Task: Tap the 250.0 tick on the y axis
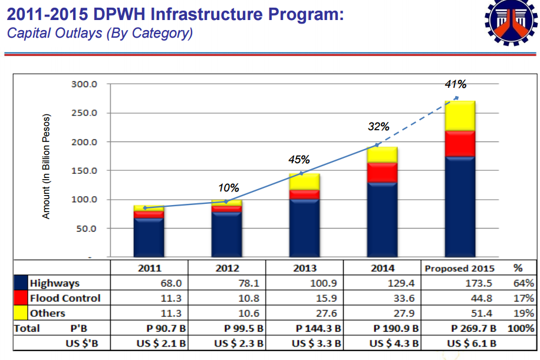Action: click(84, 113)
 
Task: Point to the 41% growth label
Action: click(455, 84)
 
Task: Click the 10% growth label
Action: click(228, 188)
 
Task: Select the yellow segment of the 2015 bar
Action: click(460, 116)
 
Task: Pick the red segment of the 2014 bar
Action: click(382, 173)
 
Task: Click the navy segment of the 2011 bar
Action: click(149, 237)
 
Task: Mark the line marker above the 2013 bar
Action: click(301, 173)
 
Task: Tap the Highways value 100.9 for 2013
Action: click(324, 283)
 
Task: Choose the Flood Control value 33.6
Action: click(404, 298)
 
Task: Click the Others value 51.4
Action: click(482, 313)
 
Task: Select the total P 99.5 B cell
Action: click(243, 328)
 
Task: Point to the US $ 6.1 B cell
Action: click(472, 343)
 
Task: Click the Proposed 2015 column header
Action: click(459, 269)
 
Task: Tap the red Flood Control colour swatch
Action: click(21, 298)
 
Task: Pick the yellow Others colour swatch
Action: click(21, 313)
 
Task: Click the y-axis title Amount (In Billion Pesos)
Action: click(46, 166)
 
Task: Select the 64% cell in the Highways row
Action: click(523, 283)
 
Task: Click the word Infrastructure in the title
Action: click(207, 15)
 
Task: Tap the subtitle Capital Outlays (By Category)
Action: click(100, 34)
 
